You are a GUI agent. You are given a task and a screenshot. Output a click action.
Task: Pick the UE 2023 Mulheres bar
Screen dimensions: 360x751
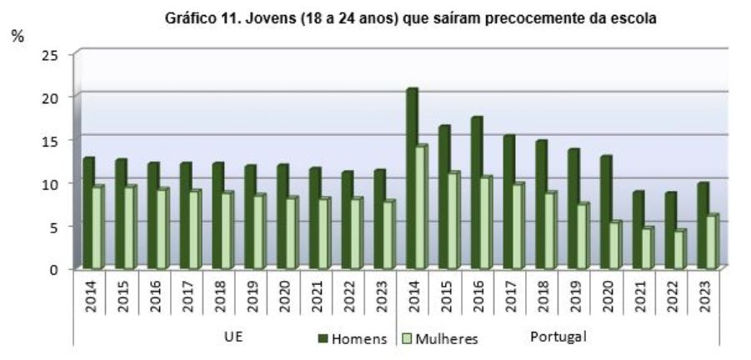388,234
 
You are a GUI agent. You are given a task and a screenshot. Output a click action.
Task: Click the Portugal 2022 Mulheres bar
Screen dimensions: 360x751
679,248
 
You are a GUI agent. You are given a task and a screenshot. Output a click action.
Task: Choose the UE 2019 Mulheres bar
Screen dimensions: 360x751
258,231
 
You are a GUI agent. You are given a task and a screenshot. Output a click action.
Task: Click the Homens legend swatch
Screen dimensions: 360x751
323,338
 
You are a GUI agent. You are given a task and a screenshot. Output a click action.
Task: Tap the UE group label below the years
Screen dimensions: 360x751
234,337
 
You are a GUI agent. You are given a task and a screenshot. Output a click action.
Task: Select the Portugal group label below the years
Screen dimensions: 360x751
558,337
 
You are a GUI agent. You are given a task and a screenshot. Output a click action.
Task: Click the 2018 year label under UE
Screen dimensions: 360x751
220,296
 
